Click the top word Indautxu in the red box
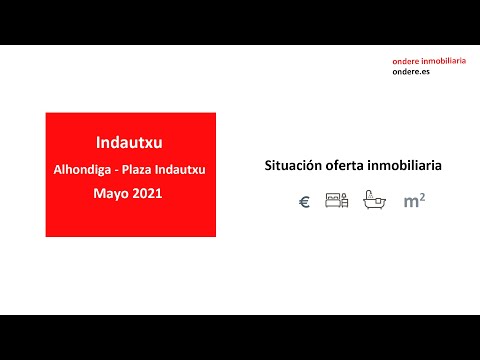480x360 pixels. point(130,142)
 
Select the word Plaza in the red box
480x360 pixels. point(145,169)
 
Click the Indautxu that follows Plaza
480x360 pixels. point(185,169)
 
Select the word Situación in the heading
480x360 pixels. point(292,163)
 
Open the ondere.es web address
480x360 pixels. point(413,72)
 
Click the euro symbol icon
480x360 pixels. point(304,201)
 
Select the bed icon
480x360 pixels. point(336,201)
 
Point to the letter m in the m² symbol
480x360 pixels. point(409,202)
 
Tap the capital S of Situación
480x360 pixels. point(268,163)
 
